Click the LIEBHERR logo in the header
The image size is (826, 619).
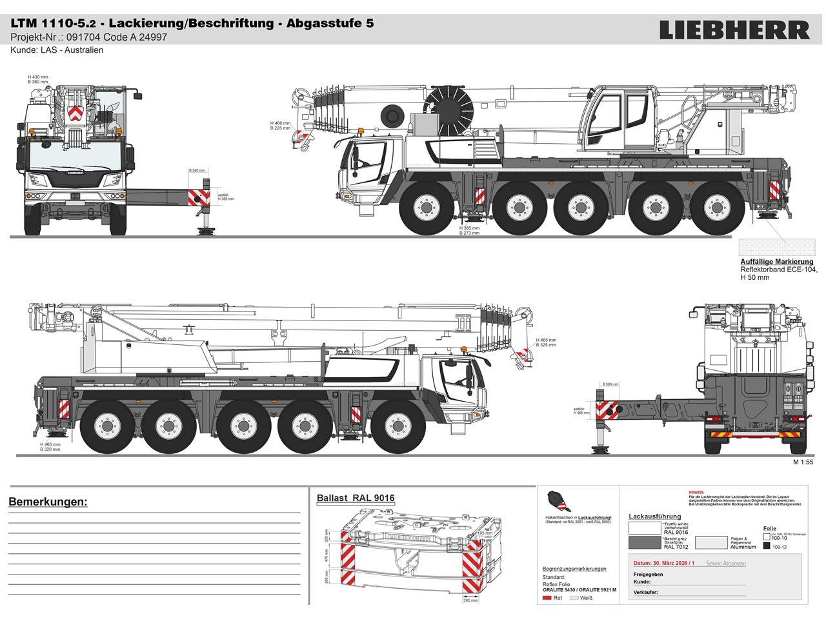[x=734, y=30]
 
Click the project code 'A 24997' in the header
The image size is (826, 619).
[x=150, y=37]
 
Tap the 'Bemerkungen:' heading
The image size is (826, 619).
[x=48, y=502]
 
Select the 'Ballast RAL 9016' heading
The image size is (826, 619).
[x=356, y=498]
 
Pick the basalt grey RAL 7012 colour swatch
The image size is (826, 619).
[x=645, y=542]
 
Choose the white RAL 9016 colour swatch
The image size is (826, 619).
[x=645, y=528]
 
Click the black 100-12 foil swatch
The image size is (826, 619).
[x=767, y=546]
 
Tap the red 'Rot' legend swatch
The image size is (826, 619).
[x=547, y=598]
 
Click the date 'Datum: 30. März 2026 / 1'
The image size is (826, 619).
[x=664, y=563]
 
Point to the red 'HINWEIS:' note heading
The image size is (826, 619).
[x=696, y=491]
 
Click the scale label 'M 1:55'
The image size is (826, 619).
[x=803, y=462]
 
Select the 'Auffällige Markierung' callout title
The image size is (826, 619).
[x=777, y=262]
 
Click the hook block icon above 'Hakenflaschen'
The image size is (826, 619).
[x=555, y=500]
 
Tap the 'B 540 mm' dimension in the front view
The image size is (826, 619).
[x=197, y=171]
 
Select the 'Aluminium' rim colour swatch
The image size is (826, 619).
[x=710, y=542]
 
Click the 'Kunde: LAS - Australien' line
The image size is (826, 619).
[x=57, y=50]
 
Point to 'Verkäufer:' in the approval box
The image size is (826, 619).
[x=645, y=591]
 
